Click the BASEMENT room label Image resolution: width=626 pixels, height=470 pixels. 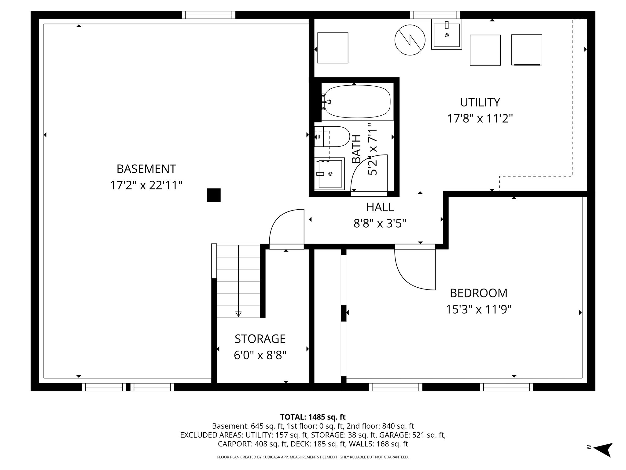pyautogui.click(x=146, y=169)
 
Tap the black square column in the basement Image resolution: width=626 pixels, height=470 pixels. pyautogui.click(x=214, y=195)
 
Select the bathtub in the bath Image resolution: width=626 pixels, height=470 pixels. pyautogui.click(x=357, y=102)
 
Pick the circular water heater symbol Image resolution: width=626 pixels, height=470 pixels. pyautogui.click(x=410, y=40)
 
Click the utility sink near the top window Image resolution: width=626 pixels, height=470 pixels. pyautogui.click(x=447, y=34)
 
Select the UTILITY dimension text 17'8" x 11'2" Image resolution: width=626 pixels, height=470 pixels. pyautogui.click(x=480, y=118)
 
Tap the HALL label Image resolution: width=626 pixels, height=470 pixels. pyautogui.click(x=380, y=207)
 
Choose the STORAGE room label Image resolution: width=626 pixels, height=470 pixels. pyautogui.click(x=260, y=339)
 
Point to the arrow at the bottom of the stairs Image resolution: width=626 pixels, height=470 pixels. pyautogui.click(x=238, y=314)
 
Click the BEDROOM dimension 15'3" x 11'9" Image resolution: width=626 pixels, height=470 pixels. pyautogui.click(x=478, y=310)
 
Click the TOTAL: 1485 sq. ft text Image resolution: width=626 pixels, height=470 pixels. pyautogui.click(x=313, y=417)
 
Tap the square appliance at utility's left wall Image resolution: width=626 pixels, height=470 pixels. pyautogui.click(x=333, y=48)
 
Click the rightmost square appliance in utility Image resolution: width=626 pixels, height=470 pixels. pyautogui.click(x=526, y=50)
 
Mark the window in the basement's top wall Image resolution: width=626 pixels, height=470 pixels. pyautogui.click(x=208, y=15)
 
